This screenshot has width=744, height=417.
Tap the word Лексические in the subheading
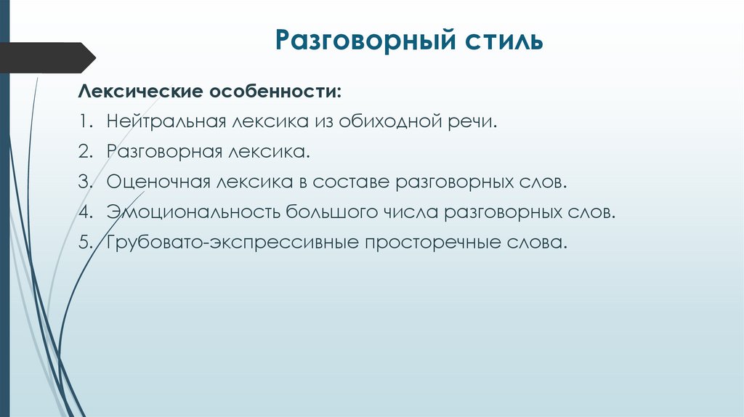[139, 92]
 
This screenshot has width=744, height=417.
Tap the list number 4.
[84, 212]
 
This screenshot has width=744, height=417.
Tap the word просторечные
[429, 243]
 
